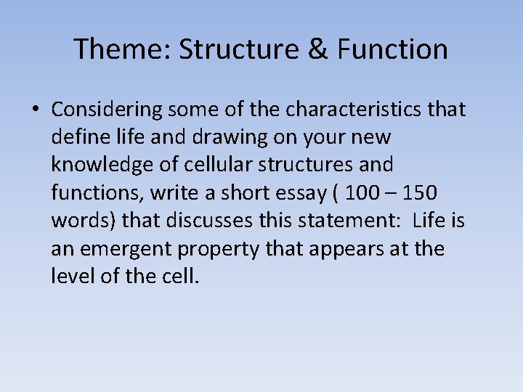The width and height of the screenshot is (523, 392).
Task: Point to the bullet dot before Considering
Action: pos(35,110)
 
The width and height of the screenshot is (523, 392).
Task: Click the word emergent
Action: pos(116,248)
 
